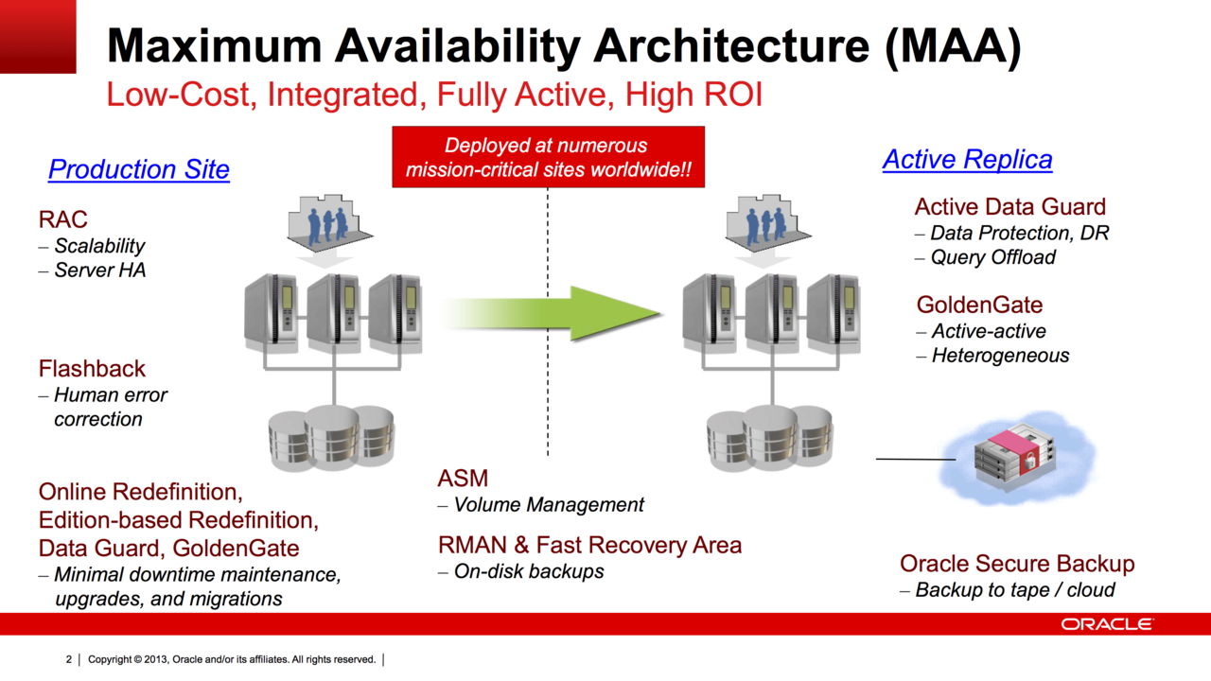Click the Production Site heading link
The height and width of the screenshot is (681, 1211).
pyautogui.click(x=138, y=169)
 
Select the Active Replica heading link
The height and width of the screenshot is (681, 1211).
pyautogui.click(x=967, y=160)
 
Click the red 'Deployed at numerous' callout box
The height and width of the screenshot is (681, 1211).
pyautogui.click(x=548, y=157)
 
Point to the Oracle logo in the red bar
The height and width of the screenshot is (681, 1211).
pyautogui.click(x=1106, y=624)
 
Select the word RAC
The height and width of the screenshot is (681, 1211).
pyautogui.click(x=62, y=219)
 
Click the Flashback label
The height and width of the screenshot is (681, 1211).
pyautogui.click(x=92, y=368)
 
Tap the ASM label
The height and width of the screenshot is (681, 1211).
pyautogui.click(x=463, y=478)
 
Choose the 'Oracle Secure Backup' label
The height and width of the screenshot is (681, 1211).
pyautogui.click(x=1017, y=564)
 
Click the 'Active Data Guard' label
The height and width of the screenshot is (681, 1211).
pyautogui.click(x=1009, y=206)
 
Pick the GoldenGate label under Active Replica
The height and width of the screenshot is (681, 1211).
pyautogui.click(x=979, y=305)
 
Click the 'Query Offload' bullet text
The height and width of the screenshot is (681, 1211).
pyautogui.click(x=992, y=257)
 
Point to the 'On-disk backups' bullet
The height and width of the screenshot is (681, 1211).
pyautogui.click(x=528, y=571)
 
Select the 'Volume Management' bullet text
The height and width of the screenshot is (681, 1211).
pyautogui.click(x=549, y=504)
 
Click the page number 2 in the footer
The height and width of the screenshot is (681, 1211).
pyautogui.click(x=69, y=659)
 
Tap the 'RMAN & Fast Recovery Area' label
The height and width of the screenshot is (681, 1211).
pyautogui.click(x=589, y=545)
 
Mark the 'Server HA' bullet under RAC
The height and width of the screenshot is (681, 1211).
pyautogui.click(x=99, y=271)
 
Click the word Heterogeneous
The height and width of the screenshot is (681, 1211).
pyautogui.click(x=1000, y=356)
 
